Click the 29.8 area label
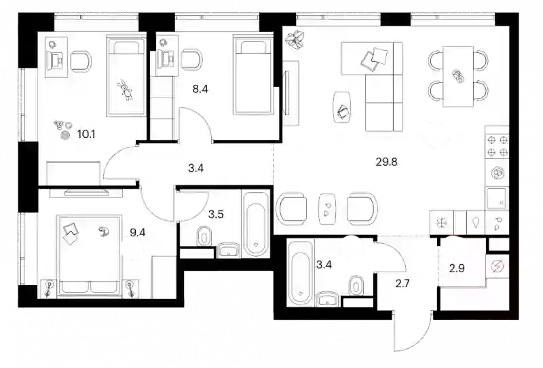pos(386,162)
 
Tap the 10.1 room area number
pos(86,134)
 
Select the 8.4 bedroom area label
pos(200,90)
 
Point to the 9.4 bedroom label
pos(138,232)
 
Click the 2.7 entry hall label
pos(402,284)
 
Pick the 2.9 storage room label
pos(457,269)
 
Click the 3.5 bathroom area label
pos(216,214)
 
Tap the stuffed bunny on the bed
pos(126,90)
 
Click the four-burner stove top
pos(498,146)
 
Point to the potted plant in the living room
pos(295,39)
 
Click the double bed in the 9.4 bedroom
pos(90,256)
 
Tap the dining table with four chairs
pos(458,77)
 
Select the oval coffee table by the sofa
pos(342,107)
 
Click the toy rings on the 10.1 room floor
pos(62,130)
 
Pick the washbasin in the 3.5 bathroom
pos(229,250)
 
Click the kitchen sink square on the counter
pos(498,198)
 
